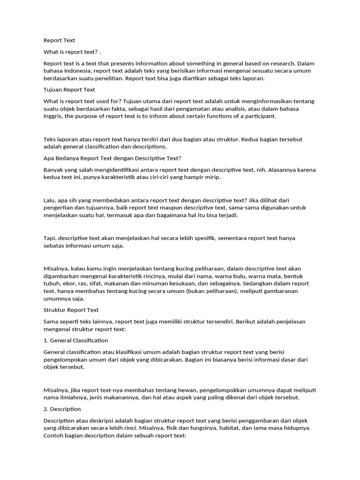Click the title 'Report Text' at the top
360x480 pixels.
coord(59,40)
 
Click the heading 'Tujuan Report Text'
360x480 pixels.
coord(69,90)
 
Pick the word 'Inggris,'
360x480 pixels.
coord(53,116)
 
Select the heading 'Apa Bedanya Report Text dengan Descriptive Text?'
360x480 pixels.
coord(112,158)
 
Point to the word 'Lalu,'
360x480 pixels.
coord(50,200)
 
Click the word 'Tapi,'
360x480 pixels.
coord(50,238)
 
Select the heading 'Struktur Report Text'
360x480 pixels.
coord(71,310)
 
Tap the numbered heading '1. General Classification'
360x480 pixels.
coord(75,340)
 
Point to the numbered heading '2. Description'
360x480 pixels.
coord(62,409)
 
